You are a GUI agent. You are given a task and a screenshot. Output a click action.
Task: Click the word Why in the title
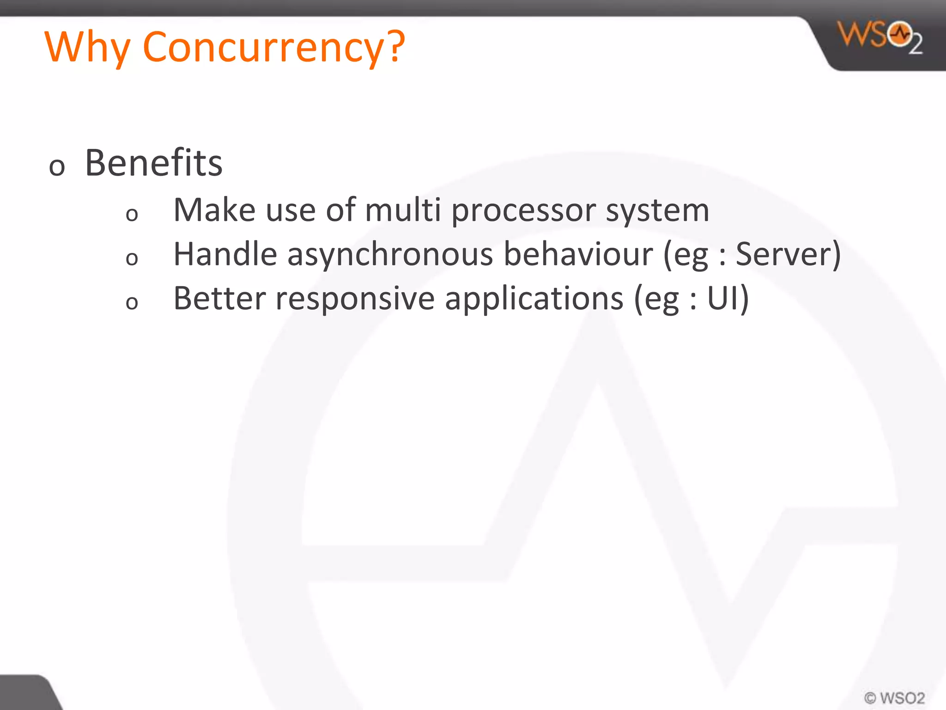point(88,47)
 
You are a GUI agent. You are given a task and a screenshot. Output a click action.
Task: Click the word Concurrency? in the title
point(273,47)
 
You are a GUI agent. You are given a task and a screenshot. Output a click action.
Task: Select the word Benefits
point(153,163)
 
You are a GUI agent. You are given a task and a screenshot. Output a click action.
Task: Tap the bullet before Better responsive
point(132,303)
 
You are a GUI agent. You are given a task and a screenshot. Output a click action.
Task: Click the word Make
point(214,210)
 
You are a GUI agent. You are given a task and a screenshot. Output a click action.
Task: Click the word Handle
point(225,254)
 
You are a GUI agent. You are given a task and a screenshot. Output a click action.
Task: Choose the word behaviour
point(578,254)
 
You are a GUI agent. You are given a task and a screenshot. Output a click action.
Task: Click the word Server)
point(788,254)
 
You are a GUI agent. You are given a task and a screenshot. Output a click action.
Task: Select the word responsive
point(355,300)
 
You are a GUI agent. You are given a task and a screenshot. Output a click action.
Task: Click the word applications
point(534,300)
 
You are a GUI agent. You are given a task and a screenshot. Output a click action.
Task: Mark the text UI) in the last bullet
point(728,299)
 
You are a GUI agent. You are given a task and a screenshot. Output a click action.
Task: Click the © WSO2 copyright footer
point(894,698)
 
